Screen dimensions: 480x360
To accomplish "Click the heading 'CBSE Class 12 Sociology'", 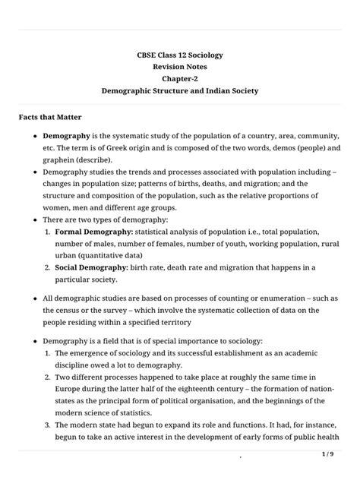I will (180, 56).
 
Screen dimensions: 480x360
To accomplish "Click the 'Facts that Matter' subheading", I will (55, 118).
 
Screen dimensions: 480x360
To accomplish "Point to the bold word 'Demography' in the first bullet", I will (68, 135).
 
